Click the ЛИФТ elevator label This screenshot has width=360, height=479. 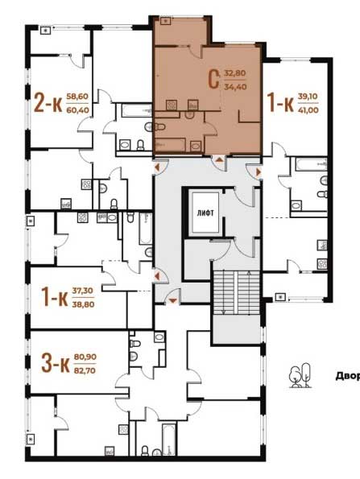[x=205, y=213]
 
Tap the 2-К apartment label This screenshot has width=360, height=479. [x=48, y=103]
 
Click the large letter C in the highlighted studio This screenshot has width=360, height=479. [x=213, y=80]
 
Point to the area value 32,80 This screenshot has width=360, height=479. [x=235, y=73]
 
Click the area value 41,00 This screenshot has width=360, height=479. [x=308, y=109]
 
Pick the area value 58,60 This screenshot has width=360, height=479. [x=77, y=97]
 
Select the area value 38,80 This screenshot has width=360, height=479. [x=83, y=304]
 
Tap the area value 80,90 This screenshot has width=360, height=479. [x=85, y=357]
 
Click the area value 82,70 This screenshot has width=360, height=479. [x=85, y=370]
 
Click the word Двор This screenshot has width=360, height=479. [x=348, y=376]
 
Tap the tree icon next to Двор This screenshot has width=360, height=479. [x=300, y=375]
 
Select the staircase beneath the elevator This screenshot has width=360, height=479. [x=237, y=293]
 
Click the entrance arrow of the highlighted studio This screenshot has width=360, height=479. [x=219, y=159]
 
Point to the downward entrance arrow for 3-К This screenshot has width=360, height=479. [x=172, y=301]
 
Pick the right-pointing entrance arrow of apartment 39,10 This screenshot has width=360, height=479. [x=259, y=172]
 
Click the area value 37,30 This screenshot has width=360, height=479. [x=83, y=291]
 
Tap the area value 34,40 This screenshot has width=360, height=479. [x=235, y=87]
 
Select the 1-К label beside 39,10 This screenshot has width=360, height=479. [x=280, y=103]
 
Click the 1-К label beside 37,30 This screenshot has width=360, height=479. [x=55, y=297]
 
